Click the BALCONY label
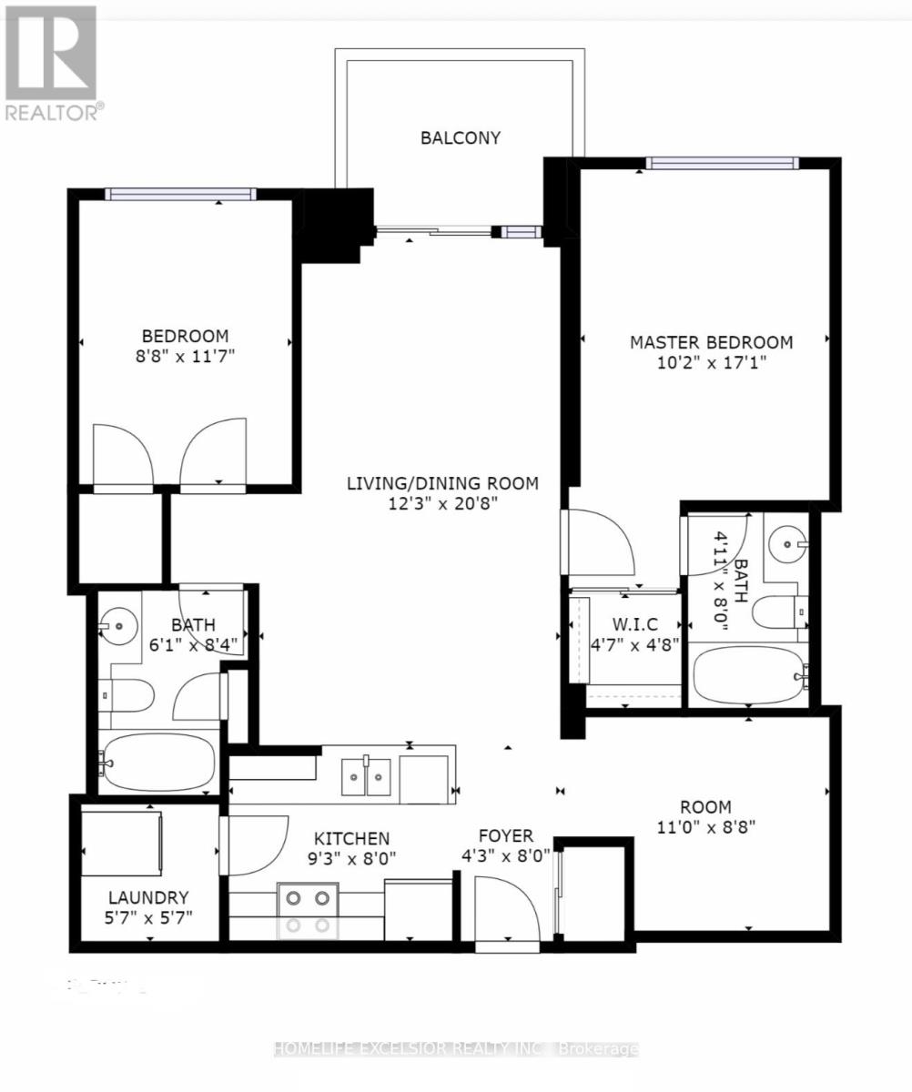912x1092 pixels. pyautogui.click(x=460, y=138)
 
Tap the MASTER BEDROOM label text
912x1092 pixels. pyautogui.click(x=711, y=342)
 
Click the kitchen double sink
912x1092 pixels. pyautogui.click(x=366, y=777)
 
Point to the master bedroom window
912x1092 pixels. pyautogui.click(x=722, y=164)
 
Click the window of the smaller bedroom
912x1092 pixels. pyautogui.click(x=180, y=194)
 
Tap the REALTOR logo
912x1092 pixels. pyautogui.click(x=51, y=62)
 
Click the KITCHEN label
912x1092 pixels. pyautogui.click(x=351, y=838)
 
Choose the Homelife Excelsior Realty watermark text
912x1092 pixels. pyautogui.click(x=456, y=1049)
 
